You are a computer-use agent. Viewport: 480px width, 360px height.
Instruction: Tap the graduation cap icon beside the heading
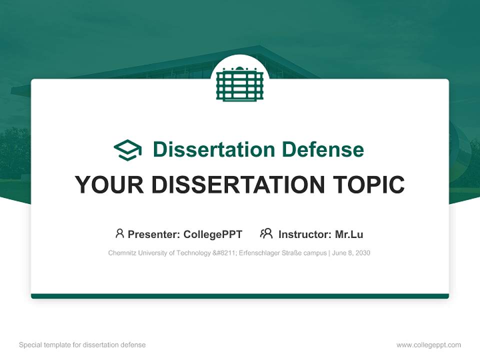pyautogui.click(x=127, y=150)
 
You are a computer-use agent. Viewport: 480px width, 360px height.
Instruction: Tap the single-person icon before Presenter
pyautogui.click(x=119, y=233)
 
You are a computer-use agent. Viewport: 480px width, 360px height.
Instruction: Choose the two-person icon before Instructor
pyautogui.click(x=266, y=233)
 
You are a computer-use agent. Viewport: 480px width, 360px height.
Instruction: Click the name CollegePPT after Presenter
pyautogui.click(x=212, y=234)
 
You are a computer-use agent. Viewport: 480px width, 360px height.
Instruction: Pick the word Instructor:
pyautogui.click(x=304, y=234)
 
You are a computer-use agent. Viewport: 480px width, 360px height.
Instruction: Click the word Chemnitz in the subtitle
pyautogui.click(x=122, y=253)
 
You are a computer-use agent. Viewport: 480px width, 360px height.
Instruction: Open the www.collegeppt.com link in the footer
pyautogui.click(x=428, y=345)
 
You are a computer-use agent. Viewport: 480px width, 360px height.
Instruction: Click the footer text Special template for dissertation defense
pyautogui.click(x=82, y=345)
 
